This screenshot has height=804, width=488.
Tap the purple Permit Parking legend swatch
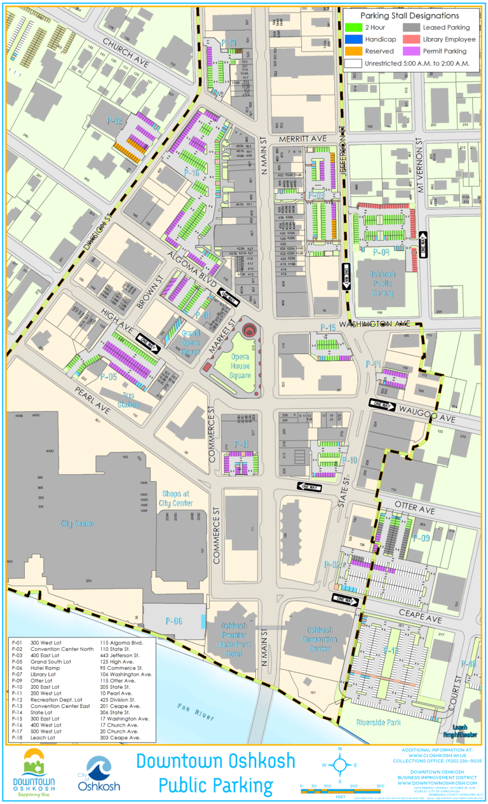pos(412,51)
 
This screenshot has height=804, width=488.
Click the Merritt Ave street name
pos(309,138)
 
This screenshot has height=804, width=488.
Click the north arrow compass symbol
pos(341,764)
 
